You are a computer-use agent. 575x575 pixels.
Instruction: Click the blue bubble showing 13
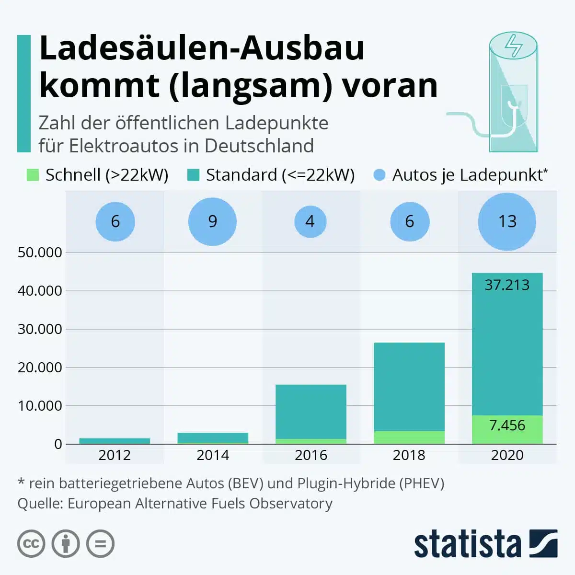[x=507, y=221]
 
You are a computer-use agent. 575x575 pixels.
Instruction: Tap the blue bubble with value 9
[x=212, y=221]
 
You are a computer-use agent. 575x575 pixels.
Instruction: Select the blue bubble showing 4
[x=310, y=221]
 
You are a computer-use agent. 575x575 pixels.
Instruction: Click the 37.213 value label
[x=507, y=285]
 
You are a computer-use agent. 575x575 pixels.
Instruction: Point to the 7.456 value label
[x=507, y=425]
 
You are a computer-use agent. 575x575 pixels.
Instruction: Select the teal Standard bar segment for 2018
[x=409, y=386]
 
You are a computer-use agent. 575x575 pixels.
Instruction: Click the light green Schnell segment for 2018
[x=409, y=437]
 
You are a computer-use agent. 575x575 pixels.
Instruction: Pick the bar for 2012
[x=115, y=441]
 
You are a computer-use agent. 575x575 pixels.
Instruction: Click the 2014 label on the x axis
[x=212, y=455]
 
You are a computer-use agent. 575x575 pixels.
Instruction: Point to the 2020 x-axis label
[x=507, y=455]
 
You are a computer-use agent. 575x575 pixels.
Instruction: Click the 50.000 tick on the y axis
[x=40, y=253]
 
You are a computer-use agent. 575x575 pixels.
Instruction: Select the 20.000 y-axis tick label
[x=40, y=368]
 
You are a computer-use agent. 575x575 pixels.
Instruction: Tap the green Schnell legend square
[x=32, y=175]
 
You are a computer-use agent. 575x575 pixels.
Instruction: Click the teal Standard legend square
[x=193, y=175]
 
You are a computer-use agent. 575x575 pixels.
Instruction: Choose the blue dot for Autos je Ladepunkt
[x=379, y=175]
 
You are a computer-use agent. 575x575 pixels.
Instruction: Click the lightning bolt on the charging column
[x=514, y=45]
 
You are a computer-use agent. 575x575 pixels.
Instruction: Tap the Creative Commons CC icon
[x=31, y=544]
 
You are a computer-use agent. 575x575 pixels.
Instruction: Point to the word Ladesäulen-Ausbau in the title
[x=202, y=48]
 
